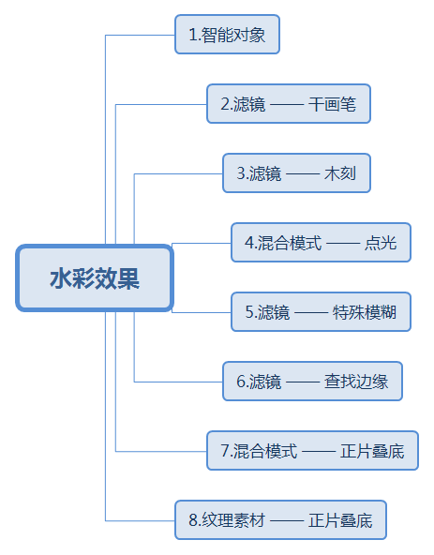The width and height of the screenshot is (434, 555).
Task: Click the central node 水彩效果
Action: pyautogui.click(x=95, y=278)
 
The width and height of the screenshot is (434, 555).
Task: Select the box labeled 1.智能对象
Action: pyautogui.click(x=227, y=35)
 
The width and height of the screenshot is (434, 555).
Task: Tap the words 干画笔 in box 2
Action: pyautogui.click(x=332, y=104)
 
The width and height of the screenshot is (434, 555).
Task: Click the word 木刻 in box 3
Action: pyautogui.click(x=340, y=173)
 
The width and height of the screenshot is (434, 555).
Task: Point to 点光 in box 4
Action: pyautogui.click(x=381, y=243)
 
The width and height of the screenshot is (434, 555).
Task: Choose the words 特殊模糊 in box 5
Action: pyautogui.click(x=365, y=312)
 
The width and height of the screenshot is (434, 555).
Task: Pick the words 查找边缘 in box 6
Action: pyautogui.click(x=356, y=382)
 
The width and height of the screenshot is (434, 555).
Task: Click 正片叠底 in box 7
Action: pyautogui.click(x=372, y=451)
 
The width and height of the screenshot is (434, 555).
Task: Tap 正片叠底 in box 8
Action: pyautogui.click(x=340, y=520)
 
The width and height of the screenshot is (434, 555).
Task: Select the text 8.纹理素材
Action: pyautogui.click(x=227, y=520)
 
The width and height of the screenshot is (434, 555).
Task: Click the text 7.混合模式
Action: pyautogui.click(x=259, y=451)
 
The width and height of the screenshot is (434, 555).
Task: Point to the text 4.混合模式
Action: pyautogui.click(x=283, y=243)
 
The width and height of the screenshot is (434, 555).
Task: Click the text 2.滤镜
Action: pyautogui.click(x=243, y=104)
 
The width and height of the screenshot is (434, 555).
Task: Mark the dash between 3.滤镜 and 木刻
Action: pyautogui.click(x=303, y=174)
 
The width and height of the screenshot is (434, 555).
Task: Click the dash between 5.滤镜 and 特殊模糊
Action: pyautogui.click(x=311, y=313)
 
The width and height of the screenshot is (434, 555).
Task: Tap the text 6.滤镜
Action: pyautogui.click(x=259, y=382)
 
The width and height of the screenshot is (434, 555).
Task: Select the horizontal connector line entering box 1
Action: pyautogui.click(x=141, y=35)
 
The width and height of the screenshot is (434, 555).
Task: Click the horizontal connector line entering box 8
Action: pyautogui.click(x=141, y=520)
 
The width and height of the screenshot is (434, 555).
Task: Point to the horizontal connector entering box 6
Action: pyautogui.click(x=178, y=382)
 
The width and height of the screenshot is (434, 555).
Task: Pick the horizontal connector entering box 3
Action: pyautogui.click(x=178, y=173)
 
